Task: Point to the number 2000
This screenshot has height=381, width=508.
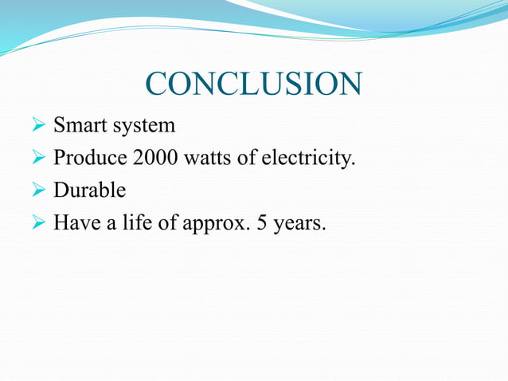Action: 155,159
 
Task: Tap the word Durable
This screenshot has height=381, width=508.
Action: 89,191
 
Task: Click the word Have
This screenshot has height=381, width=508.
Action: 73,224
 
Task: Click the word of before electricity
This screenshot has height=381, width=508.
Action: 248,159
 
